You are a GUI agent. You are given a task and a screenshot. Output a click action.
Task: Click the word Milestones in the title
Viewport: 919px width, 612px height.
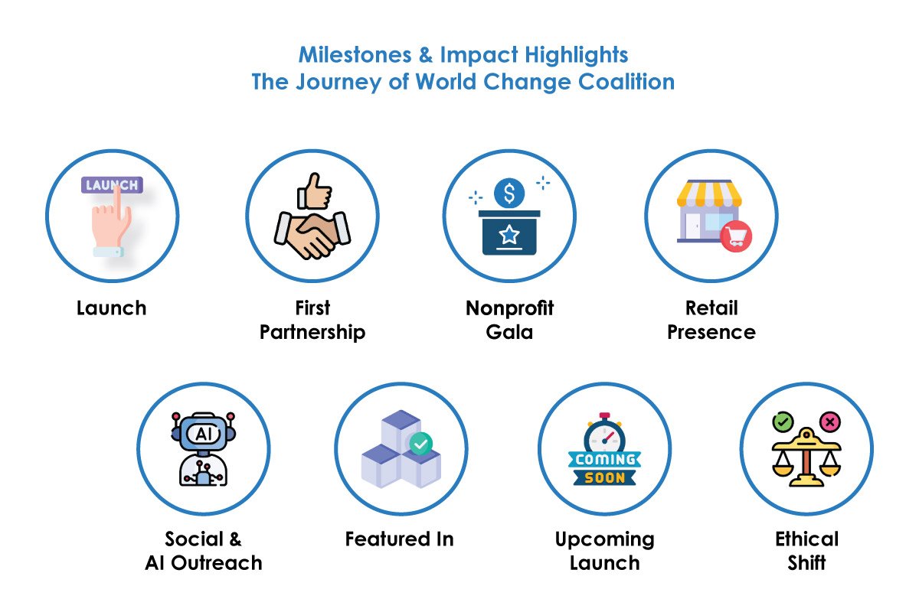tap(355, 55)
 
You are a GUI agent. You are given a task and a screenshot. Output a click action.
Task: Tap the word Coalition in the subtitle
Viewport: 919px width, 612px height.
tap(626, 82)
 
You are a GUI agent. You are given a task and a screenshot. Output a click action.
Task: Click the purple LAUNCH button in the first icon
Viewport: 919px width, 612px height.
tap(112, 185)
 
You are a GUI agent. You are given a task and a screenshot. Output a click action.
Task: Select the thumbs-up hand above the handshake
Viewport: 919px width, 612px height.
tap(314, 191)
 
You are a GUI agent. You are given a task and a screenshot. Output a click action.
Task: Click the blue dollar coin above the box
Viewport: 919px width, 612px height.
tap(509, 193)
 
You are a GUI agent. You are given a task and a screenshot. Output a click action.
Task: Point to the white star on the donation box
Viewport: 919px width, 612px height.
tap(509, 234)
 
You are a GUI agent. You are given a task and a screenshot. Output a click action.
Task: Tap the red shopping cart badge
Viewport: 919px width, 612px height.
tap(736, 236)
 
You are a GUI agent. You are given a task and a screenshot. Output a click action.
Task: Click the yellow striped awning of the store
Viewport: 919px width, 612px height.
tap(709, 194)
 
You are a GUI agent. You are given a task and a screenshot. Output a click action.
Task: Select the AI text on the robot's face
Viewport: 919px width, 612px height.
tap(204, 434)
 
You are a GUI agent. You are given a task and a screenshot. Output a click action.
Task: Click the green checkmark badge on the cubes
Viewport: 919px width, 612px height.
tap(421, 444)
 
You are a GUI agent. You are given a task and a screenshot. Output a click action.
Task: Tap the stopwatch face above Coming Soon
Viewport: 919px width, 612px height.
tap(605, 439)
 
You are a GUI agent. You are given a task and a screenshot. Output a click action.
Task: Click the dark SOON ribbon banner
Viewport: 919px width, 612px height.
tap(605, 477)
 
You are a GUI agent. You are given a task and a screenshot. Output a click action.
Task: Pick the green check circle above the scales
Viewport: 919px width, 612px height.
tap(783, 422)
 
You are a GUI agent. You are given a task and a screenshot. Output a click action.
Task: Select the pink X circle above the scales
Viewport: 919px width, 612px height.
tap(830, 422)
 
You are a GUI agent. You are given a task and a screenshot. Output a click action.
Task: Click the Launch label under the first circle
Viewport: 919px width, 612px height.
tap(112, 308)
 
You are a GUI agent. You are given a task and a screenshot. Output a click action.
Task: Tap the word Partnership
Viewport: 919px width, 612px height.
tap(312, 333)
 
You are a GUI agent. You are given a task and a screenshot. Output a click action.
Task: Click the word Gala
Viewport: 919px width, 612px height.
tap(509, 332)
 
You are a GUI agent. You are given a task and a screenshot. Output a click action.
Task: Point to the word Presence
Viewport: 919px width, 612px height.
tap(711, 332)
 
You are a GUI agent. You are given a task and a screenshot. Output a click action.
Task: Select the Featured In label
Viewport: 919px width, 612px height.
tap(400, 539)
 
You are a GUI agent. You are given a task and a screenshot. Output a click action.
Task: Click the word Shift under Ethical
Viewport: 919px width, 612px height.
tap(806, 562)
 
